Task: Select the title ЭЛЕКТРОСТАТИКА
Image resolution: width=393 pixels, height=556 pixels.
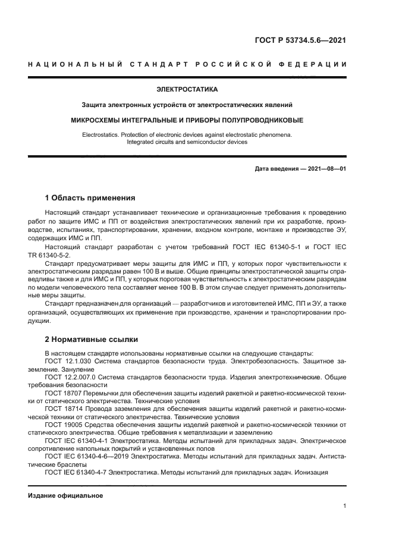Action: pyautogui.click(x=187, y=90)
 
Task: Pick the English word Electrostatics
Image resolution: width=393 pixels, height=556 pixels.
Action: pyautogui.click(x=102, y=135)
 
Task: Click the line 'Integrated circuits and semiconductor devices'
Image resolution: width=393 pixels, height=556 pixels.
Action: pyautogui.click(x=187, y=143)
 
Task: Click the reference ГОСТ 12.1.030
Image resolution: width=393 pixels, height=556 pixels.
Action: pyautogui.click(x=67, y=361)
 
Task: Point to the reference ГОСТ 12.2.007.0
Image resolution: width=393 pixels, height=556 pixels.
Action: pyautogui.click(x=70, y=377)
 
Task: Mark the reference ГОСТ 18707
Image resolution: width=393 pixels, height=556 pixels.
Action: pyautogui.click(x=62, y=393)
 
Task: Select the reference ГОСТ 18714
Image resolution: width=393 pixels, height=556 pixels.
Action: pyautogui.click(x=62, y=409)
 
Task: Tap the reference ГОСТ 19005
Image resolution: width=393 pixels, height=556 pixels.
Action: pyautogui.click(x=62, y=425)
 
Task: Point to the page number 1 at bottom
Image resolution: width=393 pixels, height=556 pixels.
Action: pyautogui.click(x=344, y=506)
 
